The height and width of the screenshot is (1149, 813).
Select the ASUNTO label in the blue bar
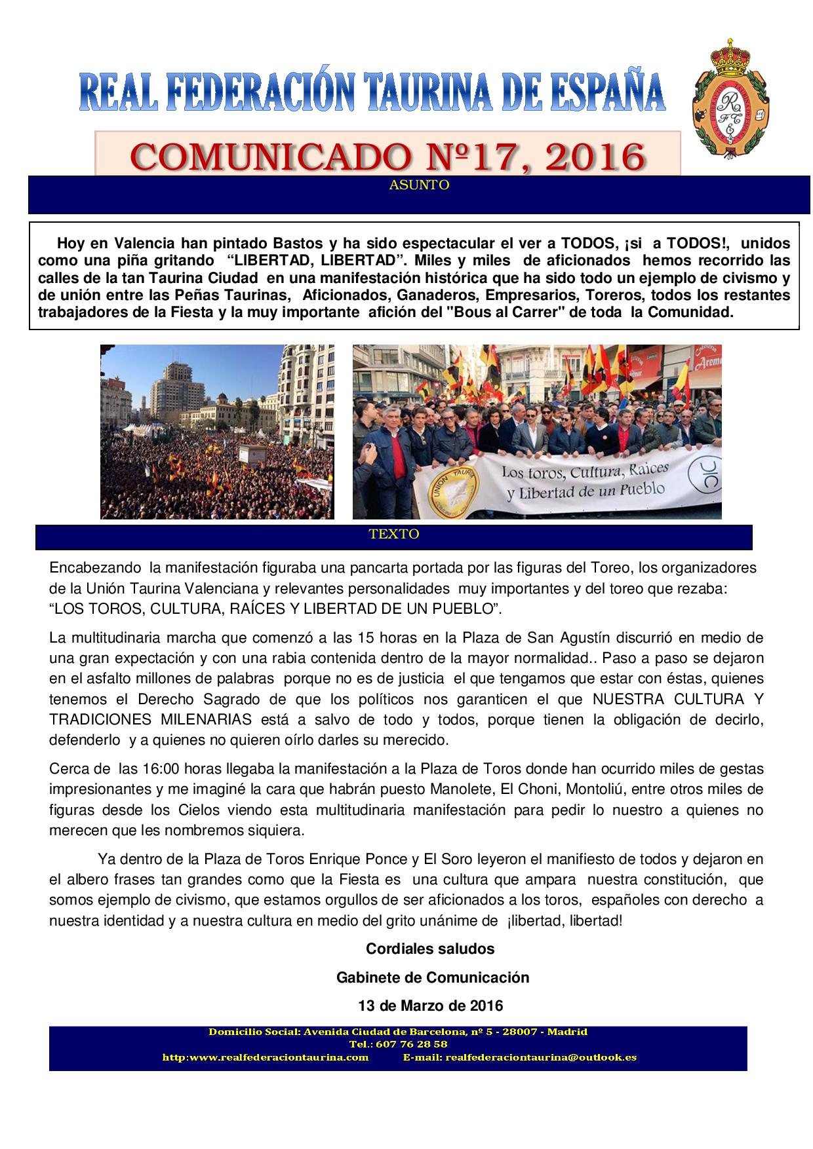tap(419, 185)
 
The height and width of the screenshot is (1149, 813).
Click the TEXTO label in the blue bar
tap(394, 534)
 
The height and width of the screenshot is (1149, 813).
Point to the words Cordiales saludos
tap(430, 949)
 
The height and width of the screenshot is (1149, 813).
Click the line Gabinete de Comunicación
tap(433, 977)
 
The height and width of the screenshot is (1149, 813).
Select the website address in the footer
tap(265, 1057)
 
